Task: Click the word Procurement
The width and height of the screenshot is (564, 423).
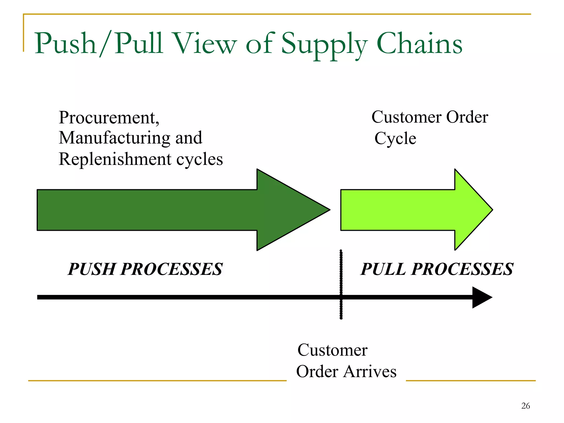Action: (x=109, y=118)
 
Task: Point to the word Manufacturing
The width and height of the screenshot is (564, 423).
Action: (x=114, y=138)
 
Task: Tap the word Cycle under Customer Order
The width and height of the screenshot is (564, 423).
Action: (x=395, y=139)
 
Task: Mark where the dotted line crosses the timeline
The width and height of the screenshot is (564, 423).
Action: (x=341, y=297)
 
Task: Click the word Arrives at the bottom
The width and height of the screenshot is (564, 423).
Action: (x=370, y=372)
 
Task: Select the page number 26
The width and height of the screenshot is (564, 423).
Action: (x=525, y=406)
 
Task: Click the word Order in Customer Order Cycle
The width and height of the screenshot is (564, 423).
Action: (x=467, y=117)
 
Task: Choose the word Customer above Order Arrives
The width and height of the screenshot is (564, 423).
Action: (x=332, y=350)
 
